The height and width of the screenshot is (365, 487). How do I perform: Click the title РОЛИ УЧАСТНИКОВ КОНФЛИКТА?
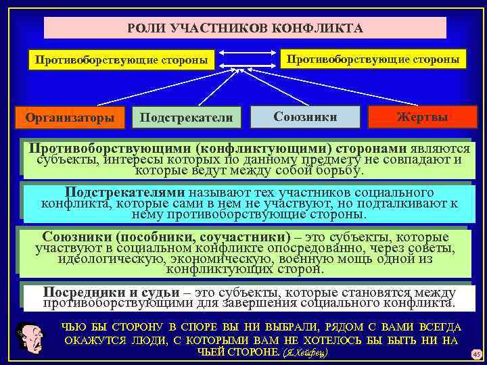245,28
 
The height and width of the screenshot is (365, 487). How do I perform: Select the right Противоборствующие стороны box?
374,58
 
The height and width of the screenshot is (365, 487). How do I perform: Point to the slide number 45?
476,354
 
